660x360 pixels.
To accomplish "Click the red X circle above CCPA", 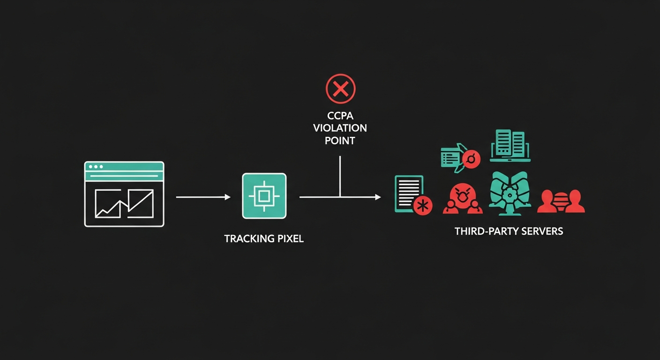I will [341, 88].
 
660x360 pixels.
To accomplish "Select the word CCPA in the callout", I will [340, 116].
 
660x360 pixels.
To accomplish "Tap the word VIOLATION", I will [340, 128].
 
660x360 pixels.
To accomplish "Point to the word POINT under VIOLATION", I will [340, 140].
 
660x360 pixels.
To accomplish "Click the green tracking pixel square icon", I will [264, 195].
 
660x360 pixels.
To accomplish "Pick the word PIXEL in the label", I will [289, 239].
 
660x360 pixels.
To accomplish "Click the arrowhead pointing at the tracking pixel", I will [228, 197].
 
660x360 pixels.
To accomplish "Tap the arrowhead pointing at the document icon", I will [378, 197].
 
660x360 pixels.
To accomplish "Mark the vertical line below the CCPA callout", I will [340, 176].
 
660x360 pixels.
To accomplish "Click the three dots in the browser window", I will [96, 167].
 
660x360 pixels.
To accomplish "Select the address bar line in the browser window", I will [124, 176].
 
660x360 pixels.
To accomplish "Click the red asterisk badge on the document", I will [423, 205].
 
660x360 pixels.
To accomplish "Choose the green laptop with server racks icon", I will [510, 145].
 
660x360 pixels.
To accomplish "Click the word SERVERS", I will [543, 231].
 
